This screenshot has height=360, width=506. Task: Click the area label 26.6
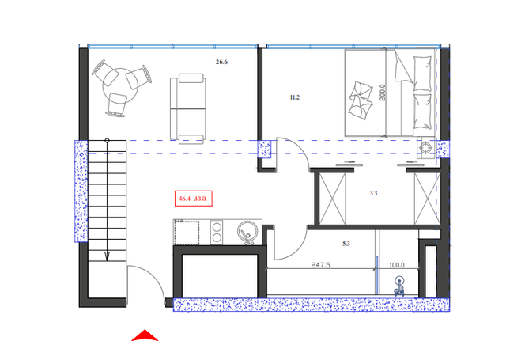[222, 62]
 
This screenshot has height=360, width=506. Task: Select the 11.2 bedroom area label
[295, 97]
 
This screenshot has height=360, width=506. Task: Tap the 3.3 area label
[374, 193]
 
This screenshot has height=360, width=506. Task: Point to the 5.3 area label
[346, 244]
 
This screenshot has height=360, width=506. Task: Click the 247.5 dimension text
[320, 265]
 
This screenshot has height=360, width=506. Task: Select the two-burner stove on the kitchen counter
[216, 233]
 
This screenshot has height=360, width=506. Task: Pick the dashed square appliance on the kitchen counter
[187, 233]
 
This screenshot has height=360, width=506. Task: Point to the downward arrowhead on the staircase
[107, 254]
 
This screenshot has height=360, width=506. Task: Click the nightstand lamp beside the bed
[425, 147]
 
